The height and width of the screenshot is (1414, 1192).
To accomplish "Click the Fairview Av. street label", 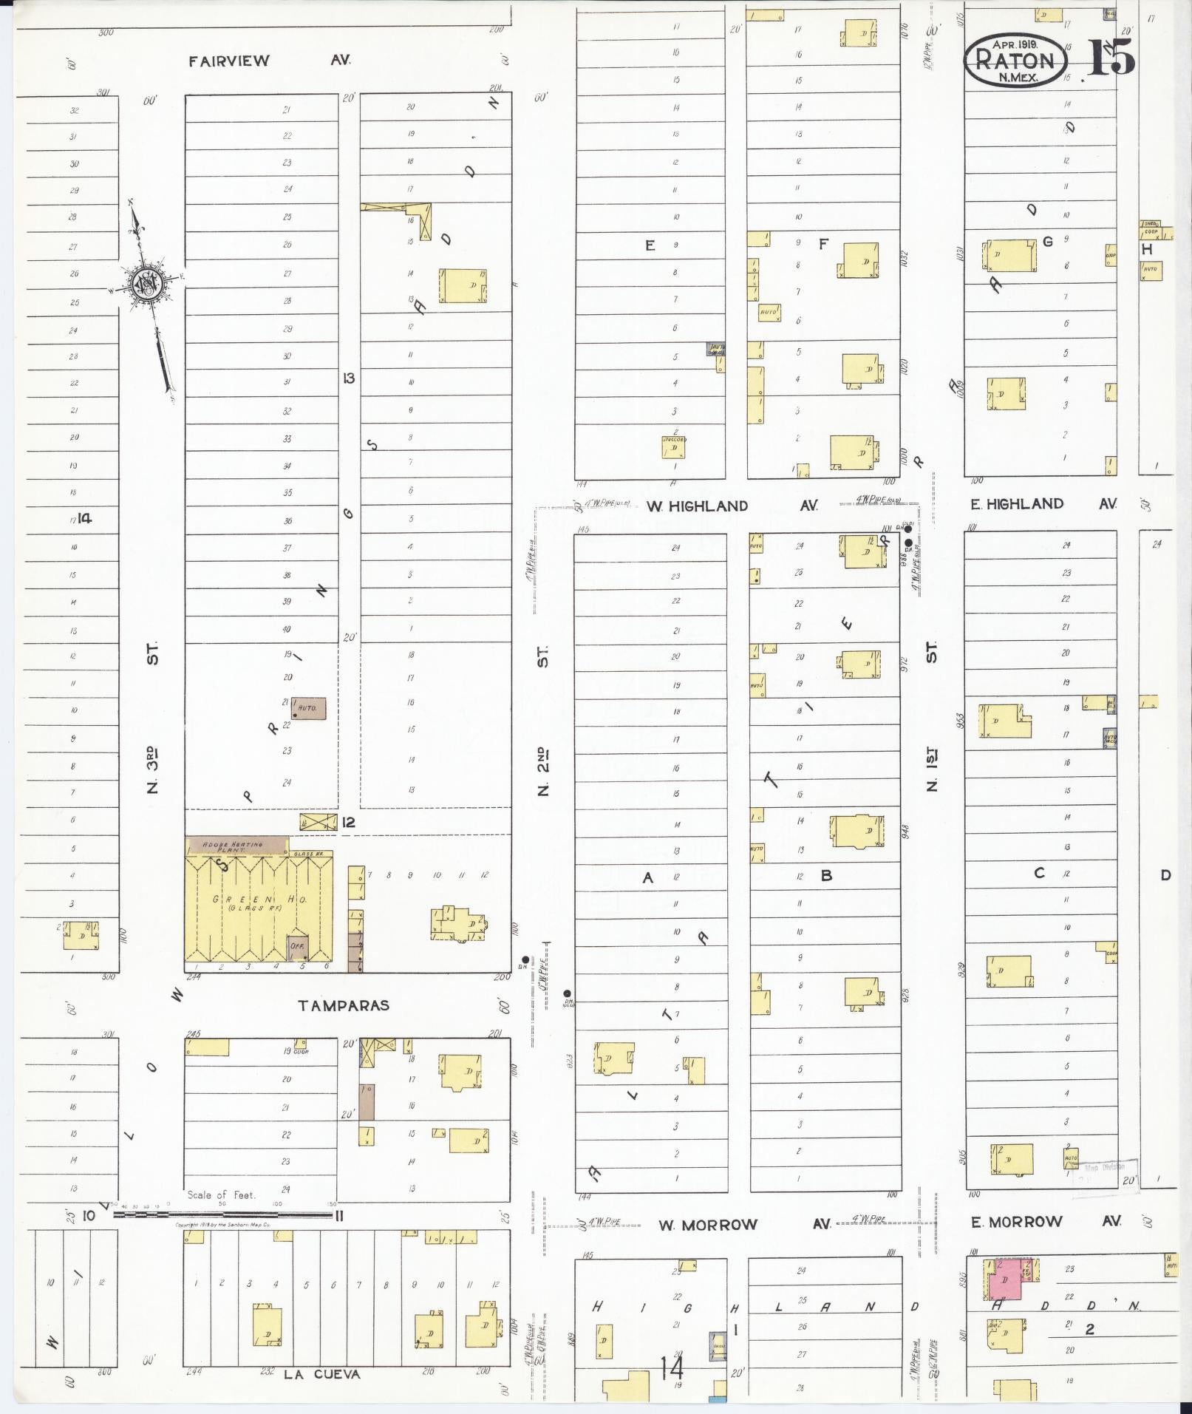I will [x=269, y=61].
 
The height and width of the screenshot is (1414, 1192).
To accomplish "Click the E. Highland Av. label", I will [x=1043, y=504].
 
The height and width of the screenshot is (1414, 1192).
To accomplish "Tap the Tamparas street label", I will [x=344, y=1005].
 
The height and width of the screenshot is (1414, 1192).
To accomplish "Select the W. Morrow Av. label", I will [x=744, y=1225].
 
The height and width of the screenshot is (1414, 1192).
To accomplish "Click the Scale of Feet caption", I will [x=221, y=1194].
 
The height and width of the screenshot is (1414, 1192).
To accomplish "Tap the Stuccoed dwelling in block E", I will [x=673, y=447].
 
